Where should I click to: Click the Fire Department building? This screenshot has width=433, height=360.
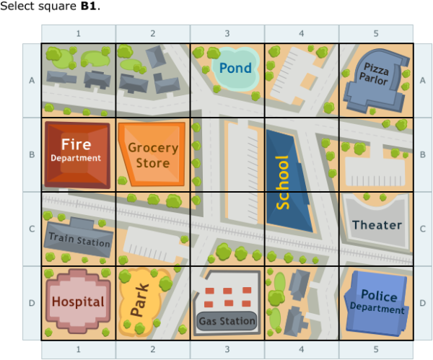click(x=77, y=154)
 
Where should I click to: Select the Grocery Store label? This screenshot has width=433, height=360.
click(x=152, y=155)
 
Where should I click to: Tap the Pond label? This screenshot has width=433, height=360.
click(x=235, y=69)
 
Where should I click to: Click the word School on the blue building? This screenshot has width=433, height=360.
click(x=283, y=182)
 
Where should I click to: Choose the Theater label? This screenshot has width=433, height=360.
click(x=377, y=224)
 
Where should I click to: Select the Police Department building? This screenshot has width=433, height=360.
click(x=377, y=302)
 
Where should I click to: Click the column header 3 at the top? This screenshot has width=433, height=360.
click(x=227, y=34)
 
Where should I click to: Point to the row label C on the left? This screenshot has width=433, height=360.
click(x=31, y=229)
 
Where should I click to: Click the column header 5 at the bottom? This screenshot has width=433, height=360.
click(x=376, y=349)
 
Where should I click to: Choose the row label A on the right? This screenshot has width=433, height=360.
click(x=422, y=81)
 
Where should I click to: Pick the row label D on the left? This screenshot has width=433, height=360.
click(x=31, y=302)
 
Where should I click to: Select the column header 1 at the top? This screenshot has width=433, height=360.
click(x=78, y=34)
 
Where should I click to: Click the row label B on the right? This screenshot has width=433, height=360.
click(x=422, y=154)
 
